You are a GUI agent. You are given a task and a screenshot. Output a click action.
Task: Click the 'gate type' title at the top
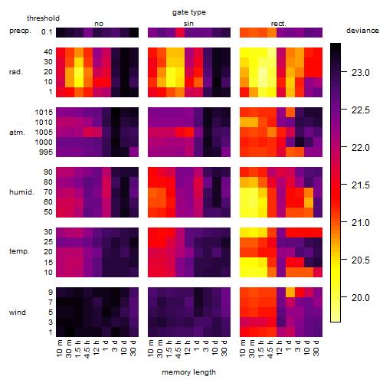[x=189, y=12]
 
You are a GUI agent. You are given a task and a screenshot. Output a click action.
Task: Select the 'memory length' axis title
[x=188, y=372]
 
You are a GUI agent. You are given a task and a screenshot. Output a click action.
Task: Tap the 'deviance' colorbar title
[x=362, y=31]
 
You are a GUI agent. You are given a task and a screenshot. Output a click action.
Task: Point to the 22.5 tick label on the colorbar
[x=361, y=110]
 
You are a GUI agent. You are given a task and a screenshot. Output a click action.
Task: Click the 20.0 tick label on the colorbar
[x=361, y=297]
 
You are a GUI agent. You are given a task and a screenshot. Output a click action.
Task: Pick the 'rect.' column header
[x=279, y=24]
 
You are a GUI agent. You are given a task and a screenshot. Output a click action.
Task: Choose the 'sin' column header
[x=188, y=24]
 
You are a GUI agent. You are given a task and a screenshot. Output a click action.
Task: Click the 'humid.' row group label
[x=21, y=192]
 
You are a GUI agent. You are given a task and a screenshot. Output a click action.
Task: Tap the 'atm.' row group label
[x=17, y=133]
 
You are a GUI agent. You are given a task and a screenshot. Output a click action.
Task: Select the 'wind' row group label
[x=18, y=313]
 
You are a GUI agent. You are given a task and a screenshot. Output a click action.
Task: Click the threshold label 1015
[x=44, y=113]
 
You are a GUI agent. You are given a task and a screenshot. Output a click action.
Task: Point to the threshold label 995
[x=46, y=152]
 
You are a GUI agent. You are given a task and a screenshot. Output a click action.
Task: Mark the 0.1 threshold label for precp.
[x=47, y=32]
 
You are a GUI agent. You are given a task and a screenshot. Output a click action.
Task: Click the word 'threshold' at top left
[x=43, y=18]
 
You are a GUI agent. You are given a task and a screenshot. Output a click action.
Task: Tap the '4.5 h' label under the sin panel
[x=178, y=349]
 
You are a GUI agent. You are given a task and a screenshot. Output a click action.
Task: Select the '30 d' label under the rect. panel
[x=316, y=349]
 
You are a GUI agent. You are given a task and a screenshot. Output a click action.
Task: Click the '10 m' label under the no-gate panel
[x=59, y=349]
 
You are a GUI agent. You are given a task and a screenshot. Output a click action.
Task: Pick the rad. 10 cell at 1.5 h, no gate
[x=79, y=82]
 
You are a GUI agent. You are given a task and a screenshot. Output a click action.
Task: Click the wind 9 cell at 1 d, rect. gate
[x=290, y=293]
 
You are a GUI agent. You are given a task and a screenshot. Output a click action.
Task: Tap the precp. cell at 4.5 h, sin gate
[x=180, y=32]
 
